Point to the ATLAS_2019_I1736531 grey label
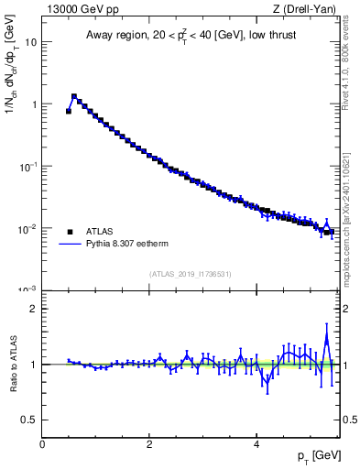(191, 274)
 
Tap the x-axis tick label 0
(42, 444)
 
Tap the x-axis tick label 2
(148, 444)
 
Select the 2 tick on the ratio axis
(32, 309)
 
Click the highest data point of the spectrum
(74, 95)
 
